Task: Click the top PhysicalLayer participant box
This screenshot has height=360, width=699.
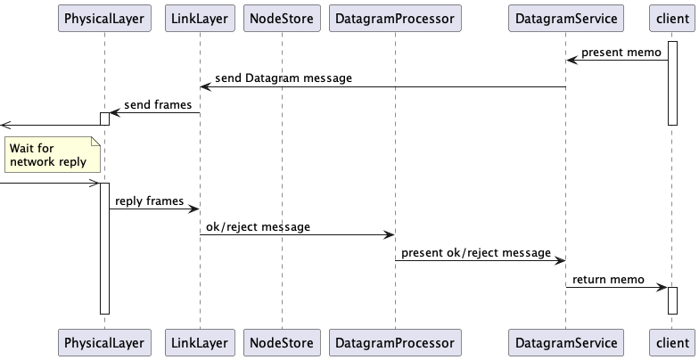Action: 103,19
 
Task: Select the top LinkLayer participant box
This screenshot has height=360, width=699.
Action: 199,19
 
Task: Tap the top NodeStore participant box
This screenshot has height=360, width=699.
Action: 282,19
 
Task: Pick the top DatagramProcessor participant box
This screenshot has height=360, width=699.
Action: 394,19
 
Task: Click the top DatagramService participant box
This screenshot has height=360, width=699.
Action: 565,19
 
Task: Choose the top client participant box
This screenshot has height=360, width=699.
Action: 672,19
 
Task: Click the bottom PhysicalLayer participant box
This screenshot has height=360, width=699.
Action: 103,341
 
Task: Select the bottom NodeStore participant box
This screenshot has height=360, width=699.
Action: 282,341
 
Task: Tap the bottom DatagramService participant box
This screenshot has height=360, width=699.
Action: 565,341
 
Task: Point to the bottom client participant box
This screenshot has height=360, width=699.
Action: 672,341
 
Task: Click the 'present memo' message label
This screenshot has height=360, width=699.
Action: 620,53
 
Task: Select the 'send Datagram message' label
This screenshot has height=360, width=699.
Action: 284,78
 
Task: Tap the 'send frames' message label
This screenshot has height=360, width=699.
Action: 158,105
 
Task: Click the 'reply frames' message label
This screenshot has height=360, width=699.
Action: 150,201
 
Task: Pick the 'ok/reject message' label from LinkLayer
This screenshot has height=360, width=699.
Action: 259,227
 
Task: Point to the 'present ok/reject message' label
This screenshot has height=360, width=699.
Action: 476,253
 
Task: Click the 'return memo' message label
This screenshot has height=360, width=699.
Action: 608,279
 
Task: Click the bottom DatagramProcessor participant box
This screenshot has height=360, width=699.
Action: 394,341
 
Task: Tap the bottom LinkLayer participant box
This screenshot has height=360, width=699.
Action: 199,341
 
